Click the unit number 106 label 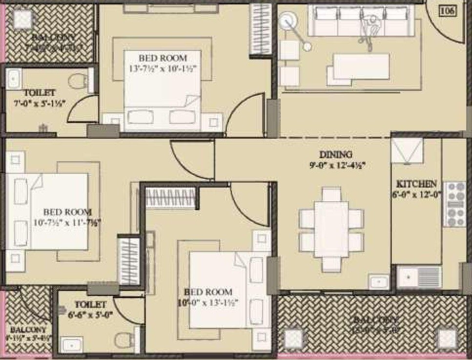(448, 11)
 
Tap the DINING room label (336, 155)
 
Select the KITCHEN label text (416, 184)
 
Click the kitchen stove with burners (455, 204)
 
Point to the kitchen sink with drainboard (419, 277)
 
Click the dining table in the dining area (331, 228)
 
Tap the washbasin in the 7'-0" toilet (14, 78)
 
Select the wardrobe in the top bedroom (260, 29)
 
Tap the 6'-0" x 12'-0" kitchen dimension (416, 193)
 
